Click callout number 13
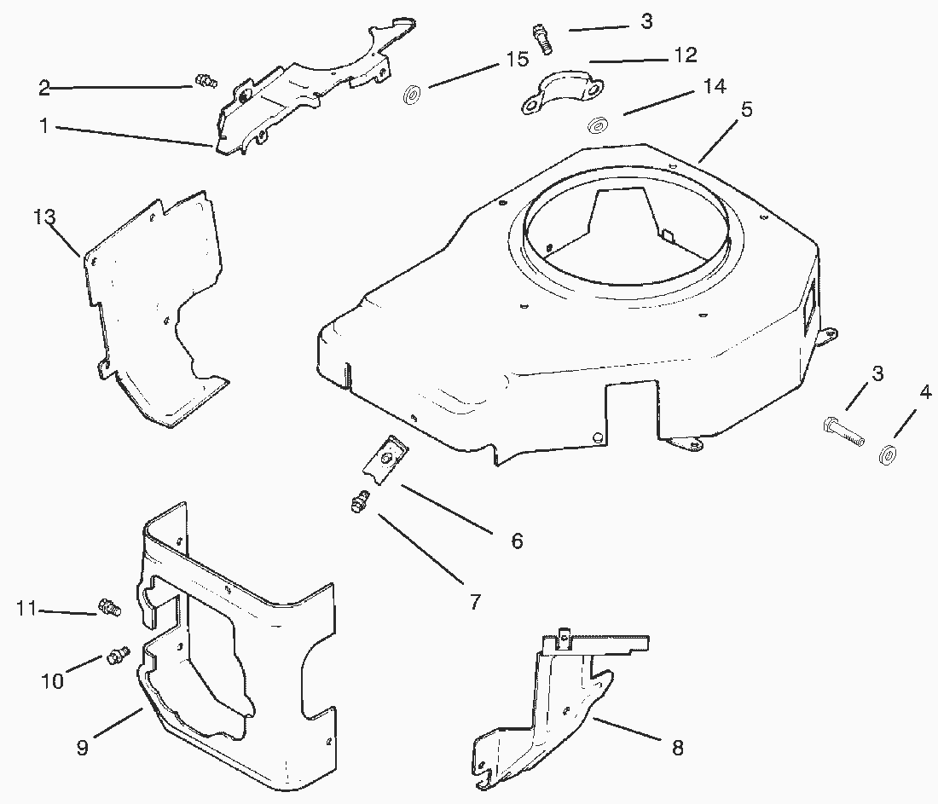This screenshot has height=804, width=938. click(44, 217)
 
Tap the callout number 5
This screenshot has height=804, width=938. click(746, 109)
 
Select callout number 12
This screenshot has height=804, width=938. click(686, 55)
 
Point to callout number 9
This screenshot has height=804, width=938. click(83, 747)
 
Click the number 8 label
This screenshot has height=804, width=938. click(677, 747)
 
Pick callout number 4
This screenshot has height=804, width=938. click(925, 393)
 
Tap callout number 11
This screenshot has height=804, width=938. click(27, 609)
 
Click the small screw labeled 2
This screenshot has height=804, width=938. click(206, 80)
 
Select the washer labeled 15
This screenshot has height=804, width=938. click(411, 95)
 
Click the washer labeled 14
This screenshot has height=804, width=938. click(596, 126)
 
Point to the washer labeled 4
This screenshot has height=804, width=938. click(887, 454)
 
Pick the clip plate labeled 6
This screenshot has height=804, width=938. click(385, 459)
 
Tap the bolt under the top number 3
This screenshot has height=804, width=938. click(543, 39)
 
